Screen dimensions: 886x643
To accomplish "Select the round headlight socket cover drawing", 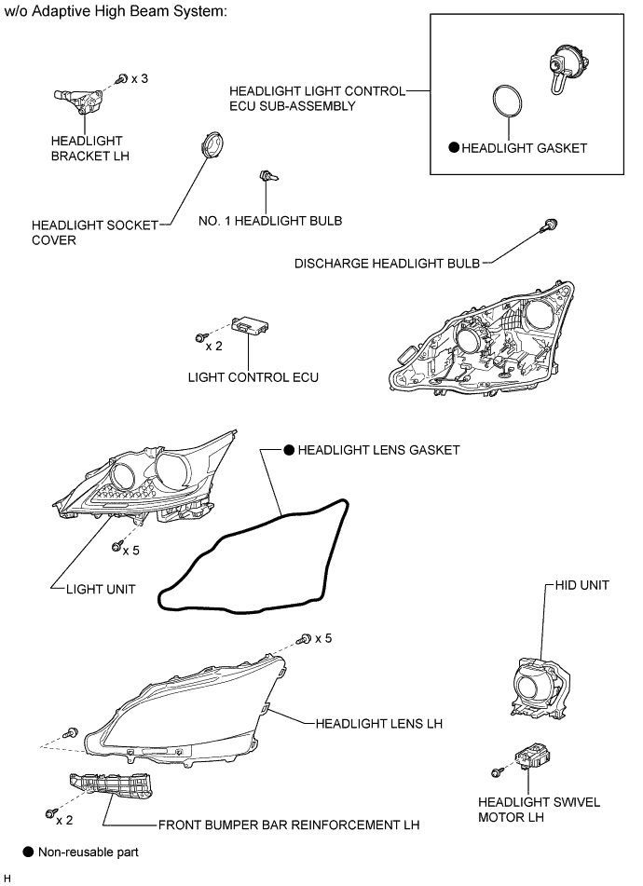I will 214,147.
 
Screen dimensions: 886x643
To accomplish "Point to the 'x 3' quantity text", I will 139,79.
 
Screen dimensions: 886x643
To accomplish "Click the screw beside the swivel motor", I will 498,770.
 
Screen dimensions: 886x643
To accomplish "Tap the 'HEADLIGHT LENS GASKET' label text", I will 378,450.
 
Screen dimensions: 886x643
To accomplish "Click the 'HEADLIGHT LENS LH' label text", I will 377,723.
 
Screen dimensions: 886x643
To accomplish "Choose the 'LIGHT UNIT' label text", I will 101,590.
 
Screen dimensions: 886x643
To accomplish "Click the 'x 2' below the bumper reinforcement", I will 64,821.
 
